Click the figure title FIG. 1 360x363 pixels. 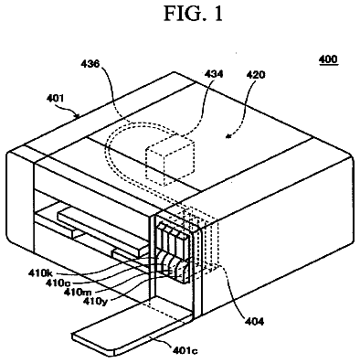[194, 14]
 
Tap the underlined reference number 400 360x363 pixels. [328, 59]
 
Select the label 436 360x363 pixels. [90, 64]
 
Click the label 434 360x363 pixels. [214, 74]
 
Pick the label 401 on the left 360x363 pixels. [55, 98]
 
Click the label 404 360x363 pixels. [254, 321]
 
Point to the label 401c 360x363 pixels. [185, 350]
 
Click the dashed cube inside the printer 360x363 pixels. [170, 162]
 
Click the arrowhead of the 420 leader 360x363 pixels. [228, 137]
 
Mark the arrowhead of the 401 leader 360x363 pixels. [78, 115]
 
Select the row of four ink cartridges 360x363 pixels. [173, 252]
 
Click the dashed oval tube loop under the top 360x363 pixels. [106, 153]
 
